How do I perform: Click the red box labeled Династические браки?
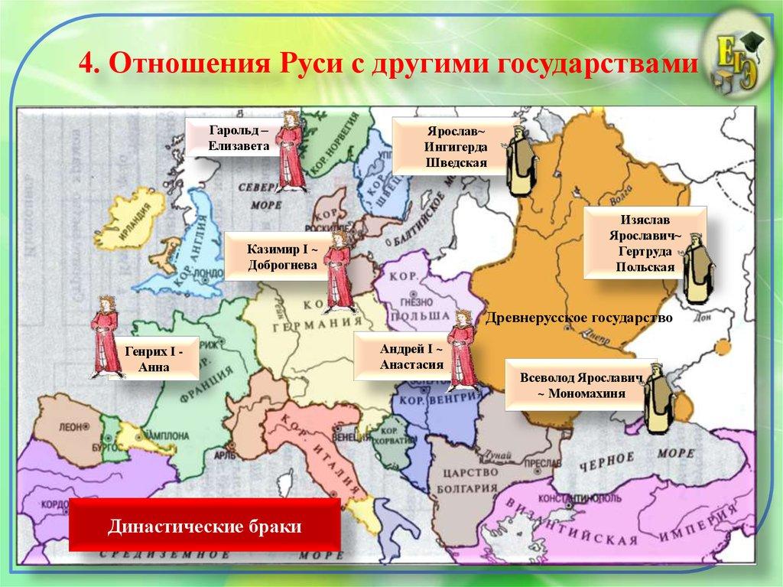204,527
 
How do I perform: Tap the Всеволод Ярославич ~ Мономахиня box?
582,386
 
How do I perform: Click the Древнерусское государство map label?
579,317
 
